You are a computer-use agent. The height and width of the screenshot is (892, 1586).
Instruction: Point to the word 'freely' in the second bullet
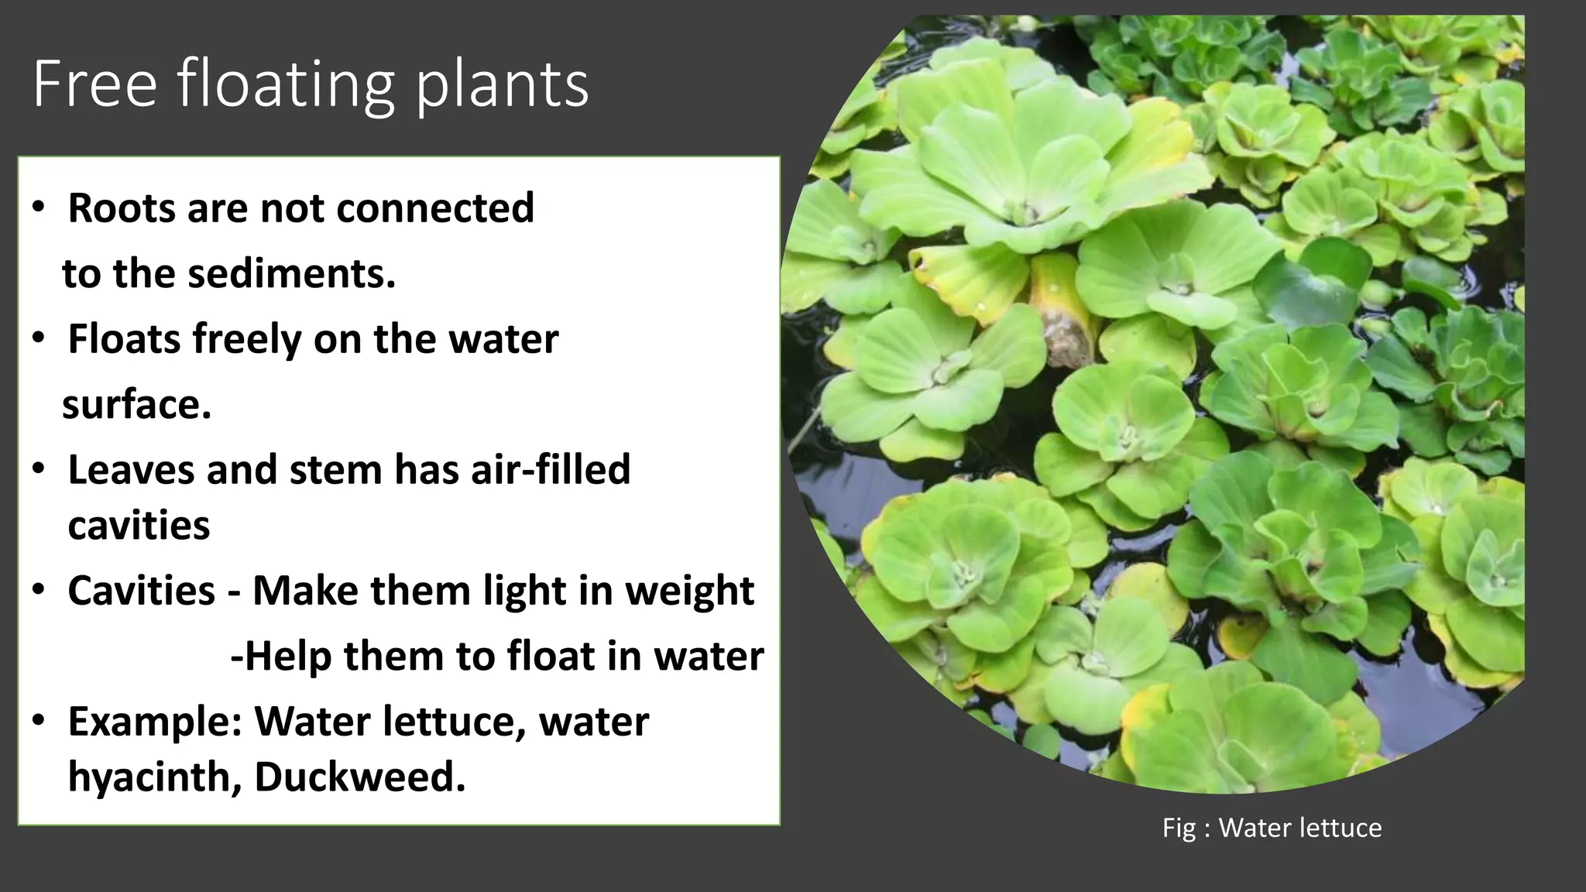(x=247, y=339)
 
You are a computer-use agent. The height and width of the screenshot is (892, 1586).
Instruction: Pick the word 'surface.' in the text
(x=136, y=404)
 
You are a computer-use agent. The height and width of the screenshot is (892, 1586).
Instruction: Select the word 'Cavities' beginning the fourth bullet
(x=141, y=591)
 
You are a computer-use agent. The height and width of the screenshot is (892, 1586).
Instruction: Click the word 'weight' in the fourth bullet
(x=689, y=591)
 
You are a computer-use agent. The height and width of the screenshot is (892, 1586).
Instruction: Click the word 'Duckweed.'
(x=360, y=777)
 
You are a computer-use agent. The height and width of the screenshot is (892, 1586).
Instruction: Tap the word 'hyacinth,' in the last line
(x=154, y=777)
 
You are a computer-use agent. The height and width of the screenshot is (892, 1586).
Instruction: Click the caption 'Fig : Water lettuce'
(x=1272, y=828)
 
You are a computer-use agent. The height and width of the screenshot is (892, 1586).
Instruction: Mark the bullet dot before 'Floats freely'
(x=39, y=339)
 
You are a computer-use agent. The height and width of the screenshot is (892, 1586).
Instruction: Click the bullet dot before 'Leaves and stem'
(x=39, y=470)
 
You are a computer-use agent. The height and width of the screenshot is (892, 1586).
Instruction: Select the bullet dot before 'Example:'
(x=39, y=722)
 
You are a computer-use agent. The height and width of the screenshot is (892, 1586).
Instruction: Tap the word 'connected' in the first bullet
(x=434, y=208)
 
